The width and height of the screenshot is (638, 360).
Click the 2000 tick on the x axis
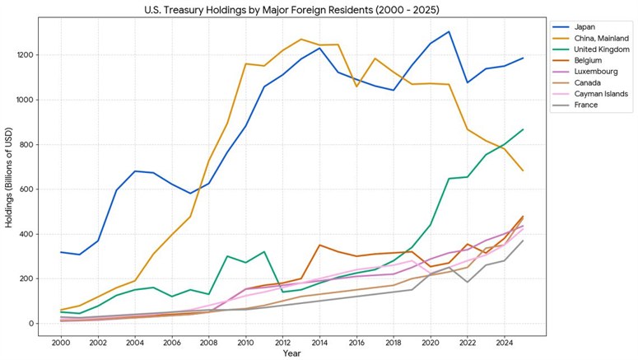point(60,341)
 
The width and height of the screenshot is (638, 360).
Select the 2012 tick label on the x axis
point(282,341)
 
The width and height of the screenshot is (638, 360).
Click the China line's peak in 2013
point(300,39)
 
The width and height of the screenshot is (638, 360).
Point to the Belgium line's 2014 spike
point(319,245)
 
